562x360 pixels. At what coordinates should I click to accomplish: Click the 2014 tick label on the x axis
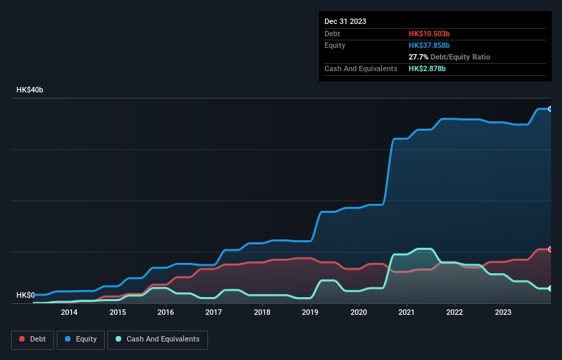68,313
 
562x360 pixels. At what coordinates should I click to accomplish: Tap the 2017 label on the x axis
214,313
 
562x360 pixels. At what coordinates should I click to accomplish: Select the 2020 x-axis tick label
359,313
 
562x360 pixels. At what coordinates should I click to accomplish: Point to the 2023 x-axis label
503,313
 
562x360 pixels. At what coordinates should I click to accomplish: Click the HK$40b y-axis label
30,90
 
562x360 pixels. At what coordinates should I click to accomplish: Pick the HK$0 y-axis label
25,295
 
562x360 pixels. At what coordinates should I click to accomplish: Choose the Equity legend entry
81,339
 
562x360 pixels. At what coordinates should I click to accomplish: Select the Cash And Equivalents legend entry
157,339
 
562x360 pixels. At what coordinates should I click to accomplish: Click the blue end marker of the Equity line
550,109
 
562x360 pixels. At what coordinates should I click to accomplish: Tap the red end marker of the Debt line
550,249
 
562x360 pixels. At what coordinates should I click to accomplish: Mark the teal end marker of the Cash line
550,288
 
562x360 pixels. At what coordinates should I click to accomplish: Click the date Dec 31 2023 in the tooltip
346,21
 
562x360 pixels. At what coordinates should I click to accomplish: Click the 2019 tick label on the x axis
310,313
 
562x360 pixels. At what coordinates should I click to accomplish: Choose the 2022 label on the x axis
455,313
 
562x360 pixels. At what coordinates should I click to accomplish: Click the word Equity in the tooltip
335,45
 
